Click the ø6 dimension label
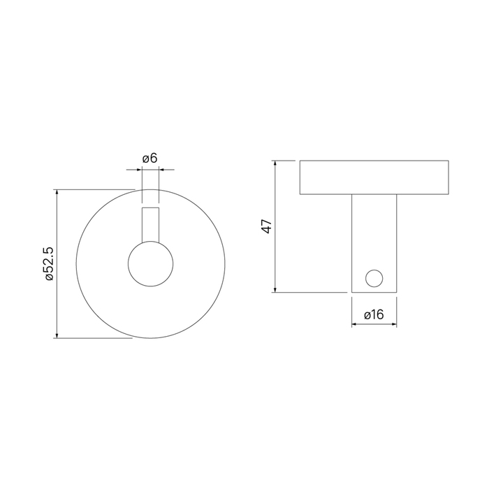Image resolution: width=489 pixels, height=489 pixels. pos(150,159)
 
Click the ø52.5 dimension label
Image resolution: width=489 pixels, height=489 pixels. pos(50,264)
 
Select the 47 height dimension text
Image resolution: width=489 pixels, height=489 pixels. pos(267,226)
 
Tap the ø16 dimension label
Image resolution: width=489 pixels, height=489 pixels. pos(374,314)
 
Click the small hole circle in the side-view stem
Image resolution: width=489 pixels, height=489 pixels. pos(374,279)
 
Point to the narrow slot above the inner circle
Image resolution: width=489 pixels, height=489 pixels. pos(151,224)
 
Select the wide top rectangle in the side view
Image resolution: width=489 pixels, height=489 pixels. pos(374,177)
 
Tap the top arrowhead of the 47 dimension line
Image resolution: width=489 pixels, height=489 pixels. pos(275,163)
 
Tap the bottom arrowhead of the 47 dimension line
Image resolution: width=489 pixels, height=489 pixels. pos(275,290)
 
